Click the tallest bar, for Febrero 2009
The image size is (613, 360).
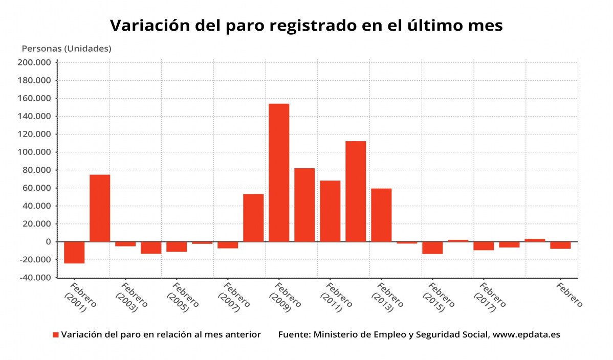[279, 172]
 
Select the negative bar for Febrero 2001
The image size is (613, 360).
[74, 253]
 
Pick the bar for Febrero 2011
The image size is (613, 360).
[330, 211]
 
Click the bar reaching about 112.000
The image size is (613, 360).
[356, 191]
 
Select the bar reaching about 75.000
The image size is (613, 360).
[100, 208]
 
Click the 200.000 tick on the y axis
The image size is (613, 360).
[35, 62]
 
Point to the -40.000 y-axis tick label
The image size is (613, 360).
[35, 278]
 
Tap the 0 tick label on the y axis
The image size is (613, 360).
[48, 242]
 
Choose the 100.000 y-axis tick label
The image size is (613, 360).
[35, 152]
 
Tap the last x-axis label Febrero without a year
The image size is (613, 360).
[569, 295]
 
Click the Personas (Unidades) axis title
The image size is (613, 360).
[66, 49]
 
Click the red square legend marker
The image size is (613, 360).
[56, 335]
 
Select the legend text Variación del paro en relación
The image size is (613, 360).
[161, 335]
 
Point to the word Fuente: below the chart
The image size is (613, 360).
[294, 335]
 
